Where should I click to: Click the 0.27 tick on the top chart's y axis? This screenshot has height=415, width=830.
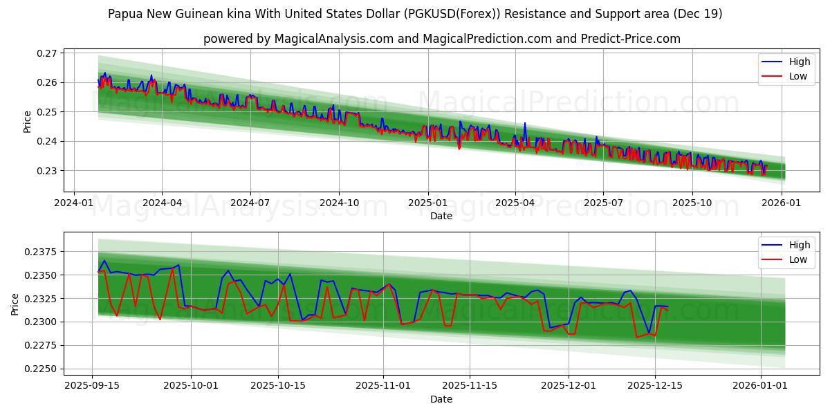pyautogui.click(x=49, y=53)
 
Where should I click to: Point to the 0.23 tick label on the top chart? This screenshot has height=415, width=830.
pyautogui.click(x=49, y=171)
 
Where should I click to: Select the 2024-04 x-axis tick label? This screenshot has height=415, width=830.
pyautogui.click(x=162, y=203)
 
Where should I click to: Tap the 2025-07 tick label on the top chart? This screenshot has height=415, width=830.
pyautogui.click(x=603, y=203)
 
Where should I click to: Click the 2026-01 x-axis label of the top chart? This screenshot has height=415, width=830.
pyautogui.click(x=780, y=203)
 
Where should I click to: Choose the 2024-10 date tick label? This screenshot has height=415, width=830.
pyautogui.click(x=339, y=203)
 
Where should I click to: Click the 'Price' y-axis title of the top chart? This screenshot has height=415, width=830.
pyautogui.click(x=28, y=122)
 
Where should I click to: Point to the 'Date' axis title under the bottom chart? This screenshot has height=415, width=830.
pyautogui.click(x=441, y=399)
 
